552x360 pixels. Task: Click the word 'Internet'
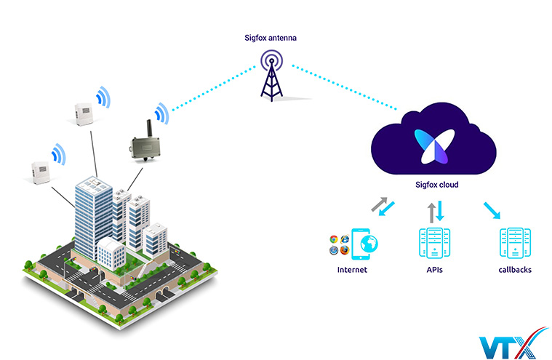coord(352,270)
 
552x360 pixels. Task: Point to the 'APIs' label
coord(435,270)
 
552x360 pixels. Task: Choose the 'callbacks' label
coord(514,270)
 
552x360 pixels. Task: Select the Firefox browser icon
coord(344,251)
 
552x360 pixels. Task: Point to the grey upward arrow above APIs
coord(431,212)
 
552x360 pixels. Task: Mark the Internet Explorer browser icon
coord(344,239)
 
